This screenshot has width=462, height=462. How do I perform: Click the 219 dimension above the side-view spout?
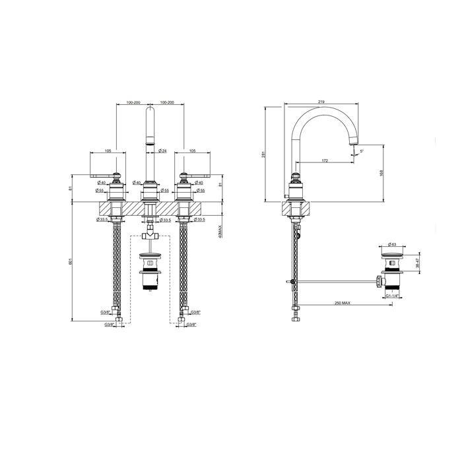(321, 102)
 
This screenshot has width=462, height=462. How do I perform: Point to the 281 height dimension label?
(263, 154)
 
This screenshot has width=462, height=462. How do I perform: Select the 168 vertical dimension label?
(382, 172)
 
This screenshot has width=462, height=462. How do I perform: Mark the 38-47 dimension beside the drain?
(417, 263)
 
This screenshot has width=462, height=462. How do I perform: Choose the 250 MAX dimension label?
(341, 303)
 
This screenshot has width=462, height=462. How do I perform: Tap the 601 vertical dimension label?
(71, 261)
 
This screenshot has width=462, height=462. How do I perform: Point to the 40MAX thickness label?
(217, 230)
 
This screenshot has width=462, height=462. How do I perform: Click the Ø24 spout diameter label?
(162, 152)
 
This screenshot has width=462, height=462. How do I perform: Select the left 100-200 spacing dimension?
(133, 102)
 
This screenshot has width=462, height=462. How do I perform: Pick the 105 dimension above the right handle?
(191, 152)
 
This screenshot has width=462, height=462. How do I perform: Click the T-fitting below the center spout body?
(150, 233)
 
